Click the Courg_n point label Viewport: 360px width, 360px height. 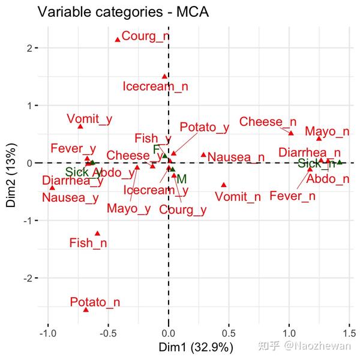[x=145, y=36]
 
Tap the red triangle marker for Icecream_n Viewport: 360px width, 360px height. [x=164, y=77]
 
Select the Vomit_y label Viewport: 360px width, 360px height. [x=89, y=119]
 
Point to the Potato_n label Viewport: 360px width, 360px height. [x=95, y=302]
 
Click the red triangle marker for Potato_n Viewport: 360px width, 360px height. [x=86, y=310]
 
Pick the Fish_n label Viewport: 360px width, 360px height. [x=88, y=243]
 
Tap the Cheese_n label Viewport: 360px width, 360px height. [x=268, y=122]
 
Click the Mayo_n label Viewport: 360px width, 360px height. [x=327, y=131]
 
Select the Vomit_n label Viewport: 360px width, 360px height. [x=238, y=197]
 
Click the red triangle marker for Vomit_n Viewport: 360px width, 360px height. [x=224, y=185]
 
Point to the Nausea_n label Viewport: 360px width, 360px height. [x=236, y=158]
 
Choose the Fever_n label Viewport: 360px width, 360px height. [x=292, y=196]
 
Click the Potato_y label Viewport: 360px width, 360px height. [x=205, y=127]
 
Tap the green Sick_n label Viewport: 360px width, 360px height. [x=316, y=164]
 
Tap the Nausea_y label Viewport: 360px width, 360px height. [x=70, y=197]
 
